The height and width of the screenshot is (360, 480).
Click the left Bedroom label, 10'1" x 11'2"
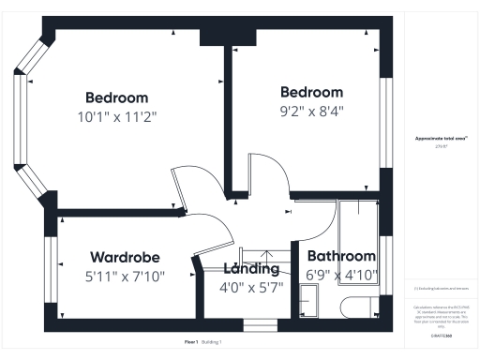click(116, 97)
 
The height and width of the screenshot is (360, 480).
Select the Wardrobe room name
click(125, 257)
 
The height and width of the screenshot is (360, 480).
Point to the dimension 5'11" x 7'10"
click(125, 276)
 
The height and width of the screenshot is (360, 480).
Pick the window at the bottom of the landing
click(255, 325)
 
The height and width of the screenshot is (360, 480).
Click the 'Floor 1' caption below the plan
click(191, 342)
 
